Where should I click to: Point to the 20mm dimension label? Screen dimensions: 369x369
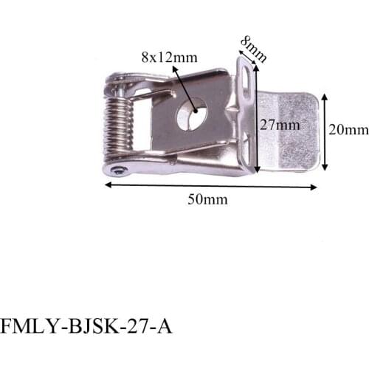(348, 130)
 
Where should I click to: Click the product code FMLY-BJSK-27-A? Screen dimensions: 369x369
(86, 325)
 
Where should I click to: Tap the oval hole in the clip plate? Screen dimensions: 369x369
(192, 114)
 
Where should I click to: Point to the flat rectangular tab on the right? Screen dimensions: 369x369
(290, 129)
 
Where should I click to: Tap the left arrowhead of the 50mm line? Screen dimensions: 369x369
(107, 184)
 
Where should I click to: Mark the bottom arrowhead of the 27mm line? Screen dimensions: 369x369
(256, 170)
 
